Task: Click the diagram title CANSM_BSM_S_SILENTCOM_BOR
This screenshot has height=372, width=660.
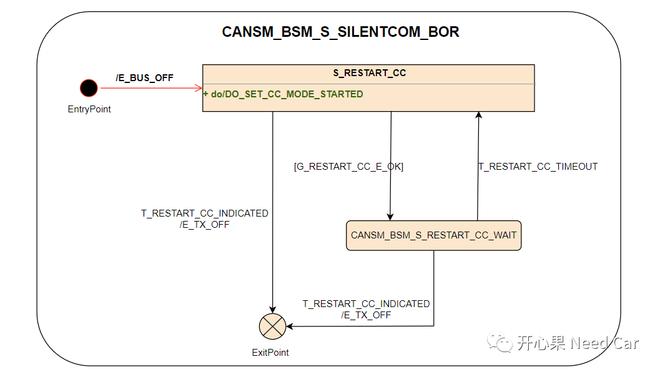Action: tap(340, 32)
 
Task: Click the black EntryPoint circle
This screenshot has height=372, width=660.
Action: tap(89, 88)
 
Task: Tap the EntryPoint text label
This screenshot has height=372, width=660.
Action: tap(89, 109)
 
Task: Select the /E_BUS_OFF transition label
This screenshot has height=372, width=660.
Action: tap(144, 77)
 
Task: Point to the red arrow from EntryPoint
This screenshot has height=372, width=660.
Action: tap(150, 88)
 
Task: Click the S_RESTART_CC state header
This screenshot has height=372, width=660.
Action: tap(369, 73)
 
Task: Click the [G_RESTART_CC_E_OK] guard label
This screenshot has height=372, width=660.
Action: tap(348, 167)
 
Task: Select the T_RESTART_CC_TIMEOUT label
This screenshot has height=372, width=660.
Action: tap(538, 167)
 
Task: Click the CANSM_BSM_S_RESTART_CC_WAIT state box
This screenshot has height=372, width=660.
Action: tap(433, 235)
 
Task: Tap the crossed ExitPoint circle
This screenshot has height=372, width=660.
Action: tap(272, 326)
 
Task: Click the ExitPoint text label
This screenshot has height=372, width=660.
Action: tap(270, 352)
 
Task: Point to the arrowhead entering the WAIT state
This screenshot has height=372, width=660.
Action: tap(390, 216)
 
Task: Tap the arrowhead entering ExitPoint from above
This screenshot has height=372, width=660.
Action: tap(273, 309)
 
